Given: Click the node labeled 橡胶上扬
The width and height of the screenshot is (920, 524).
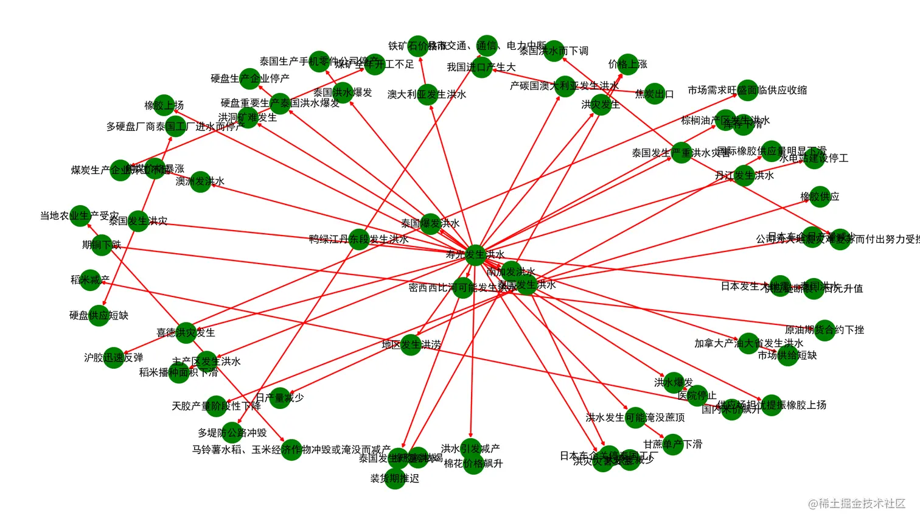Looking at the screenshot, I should click(x=164, y=105).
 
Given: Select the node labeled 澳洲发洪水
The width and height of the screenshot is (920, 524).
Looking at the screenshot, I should click(x=200, y=181).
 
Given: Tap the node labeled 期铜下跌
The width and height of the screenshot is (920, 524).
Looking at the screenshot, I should click(x=102, y=245).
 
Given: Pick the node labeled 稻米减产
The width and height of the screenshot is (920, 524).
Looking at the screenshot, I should click(x=90, y=280).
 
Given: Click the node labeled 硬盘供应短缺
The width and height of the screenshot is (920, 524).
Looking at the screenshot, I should click(x=99, y=315).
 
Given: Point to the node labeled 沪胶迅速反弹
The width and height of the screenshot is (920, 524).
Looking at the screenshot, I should click(x=114, y=358).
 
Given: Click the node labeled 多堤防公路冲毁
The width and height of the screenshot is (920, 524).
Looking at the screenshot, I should click(x=232, y=433).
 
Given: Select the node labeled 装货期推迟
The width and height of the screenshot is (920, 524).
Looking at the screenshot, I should click(x=395, y=478).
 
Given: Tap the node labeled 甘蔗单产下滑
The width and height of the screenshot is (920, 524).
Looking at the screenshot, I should click(x=672, y=444).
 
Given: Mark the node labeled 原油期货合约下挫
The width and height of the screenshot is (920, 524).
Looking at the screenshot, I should click(x=824, y=330).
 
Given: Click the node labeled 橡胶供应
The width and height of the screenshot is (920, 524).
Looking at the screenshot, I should click(x=820, y=197).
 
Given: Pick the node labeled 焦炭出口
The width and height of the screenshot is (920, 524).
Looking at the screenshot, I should click(x=655, y=94).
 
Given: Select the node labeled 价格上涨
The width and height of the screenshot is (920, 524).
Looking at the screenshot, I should click(x=627, y=64).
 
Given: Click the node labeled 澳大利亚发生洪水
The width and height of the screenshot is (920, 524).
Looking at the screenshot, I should click(x=427, y=94).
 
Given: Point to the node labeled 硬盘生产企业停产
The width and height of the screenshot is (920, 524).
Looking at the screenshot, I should click(x=250, y=79).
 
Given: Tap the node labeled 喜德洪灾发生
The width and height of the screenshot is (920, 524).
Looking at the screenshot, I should click(x=186, y=333).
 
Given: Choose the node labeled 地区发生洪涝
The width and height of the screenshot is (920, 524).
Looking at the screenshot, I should click(x=411, y=344).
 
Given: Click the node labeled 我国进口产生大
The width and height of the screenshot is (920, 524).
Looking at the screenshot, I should click(x=481, y=67).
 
